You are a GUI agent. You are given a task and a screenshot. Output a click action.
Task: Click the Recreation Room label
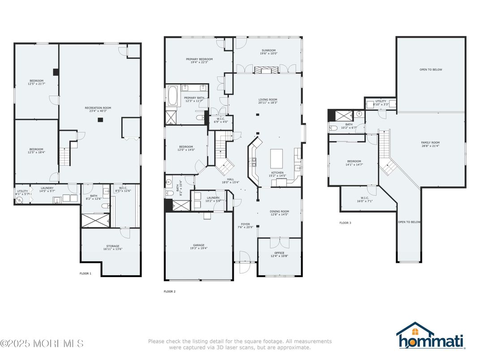click(x=98, y=110)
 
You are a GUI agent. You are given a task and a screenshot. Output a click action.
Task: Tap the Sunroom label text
click(x=268, y=52)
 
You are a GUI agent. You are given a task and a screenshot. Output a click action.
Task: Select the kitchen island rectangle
click(x=276, y=158)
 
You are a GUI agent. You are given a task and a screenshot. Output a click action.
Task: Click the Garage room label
click(x=199, y=247)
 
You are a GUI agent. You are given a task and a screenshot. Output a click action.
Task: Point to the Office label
click(x=279, y=254)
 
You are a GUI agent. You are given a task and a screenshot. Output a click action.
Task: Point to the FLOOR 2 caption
click(x=170, y=291)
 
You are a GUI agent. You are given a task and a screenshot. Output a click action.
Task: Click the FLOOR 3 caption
click(x=345, y=223)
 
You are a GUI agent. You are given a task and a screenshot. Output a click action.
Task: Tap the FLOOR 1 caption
click(x=85, y=274)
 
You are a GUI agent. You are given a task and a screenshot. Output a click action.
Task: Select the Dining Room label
click(x=279, y=213)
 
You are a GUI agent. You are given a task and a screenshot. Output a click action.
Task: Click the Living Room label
click(x=268, y=101)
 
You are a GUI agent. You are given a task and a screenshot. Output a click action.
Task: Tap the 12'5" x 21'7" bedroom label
click(x=36, y=82)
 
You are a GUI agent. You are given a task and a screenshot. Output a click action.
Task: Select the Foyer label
click(x=245, y=226)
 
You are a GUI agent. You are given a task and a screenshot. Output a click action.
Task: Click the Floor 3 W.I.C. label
click(x=363, y=200)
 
